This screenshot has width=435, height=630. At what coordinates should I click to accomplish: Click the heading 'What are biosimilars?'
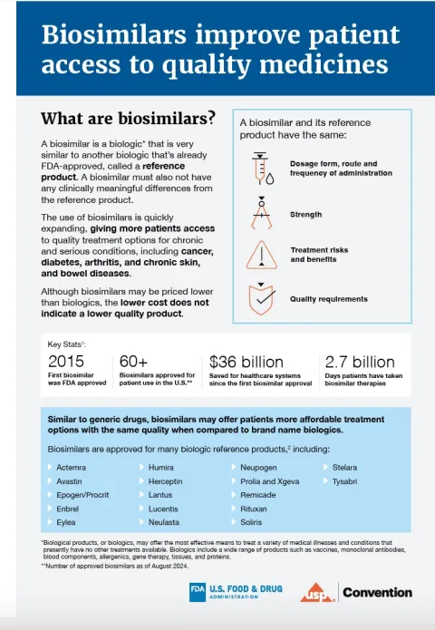[x=128, y=118]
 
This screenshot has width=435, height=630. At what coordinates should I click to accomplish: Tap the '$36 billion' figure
[x=271, y=361]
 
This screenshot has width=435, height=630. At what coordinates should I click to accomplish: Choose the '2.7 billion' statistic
[x=360, y=361]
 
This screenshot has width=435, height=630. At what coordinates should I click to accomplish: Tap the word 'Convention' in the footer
[x=379, y=593]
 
